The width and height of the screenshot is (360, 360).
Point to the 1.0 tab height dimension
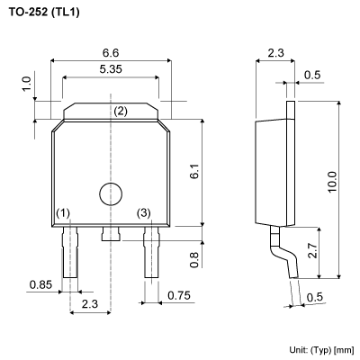(x=27, y=86)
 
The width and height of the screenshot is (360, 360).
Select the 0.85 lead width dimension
(x=40, y=285)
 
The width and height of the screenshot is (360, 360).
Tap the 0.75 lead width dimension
(x=180, y=294)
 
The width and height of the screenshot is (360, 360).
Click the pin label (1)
(x=62, y=213)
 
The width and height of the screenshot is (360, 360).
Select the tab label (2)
(x=121, y=111)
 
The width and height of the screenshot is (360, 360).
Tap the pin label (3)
(x=144, y=213)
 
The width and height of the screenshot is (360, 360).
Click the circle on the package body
(x=110, y=193)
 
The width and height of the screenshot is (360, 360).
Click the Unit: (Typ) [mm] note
(x=321, y=348)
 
